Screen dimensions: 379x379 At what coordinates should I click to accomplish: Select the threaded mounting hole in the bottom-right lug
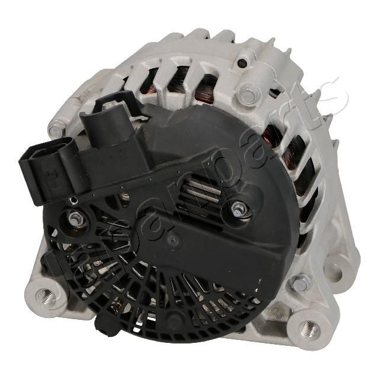click(309, 328)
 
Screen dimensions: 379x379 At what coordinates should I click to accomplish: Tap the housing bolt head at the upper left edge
click(56, 129)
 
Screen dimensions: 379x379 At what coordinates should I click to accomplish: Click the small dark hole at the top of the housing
click(242, 63)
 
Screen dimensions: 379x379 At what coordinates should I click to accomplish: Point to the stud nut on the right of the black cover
click(238, 210)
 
